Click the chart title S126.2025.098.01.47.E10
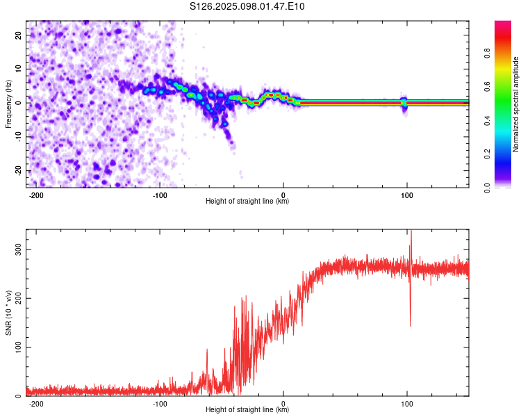tap(247, 6)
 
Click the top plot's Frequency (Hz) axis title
tap(8, 104)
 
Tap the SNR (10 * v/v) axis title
tap(8, 313)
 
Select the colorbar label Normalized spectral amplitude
tap(515, 104)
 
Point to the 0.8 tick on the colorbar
tap(488, 54)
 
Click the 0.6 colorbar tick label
tap(488, 87)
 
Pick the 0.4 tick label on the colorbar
tap(488, 121)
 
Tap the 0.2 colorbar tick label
tap(488, 154)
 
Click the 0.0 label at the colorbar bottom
tap(488, 188)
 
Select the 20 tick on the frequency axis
tap(19, 35)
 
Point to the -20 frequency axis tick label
tap(19, 171)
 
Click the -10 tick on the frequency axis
tap(19, 137)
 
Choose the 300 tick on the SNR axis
tap(19, 250)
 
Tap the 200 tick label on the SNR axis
tap(19, 298)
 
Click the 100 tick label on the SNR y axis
tap(19, 347)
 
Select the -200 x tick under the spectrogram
tap(36, 195)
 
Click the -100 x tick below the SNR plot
tap(160, 404)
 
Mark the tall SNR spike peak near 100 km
tap(411, 231)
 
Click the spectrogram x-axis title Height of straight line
tap(247, 201)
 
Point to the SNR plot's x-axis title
tap(247, 409)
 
